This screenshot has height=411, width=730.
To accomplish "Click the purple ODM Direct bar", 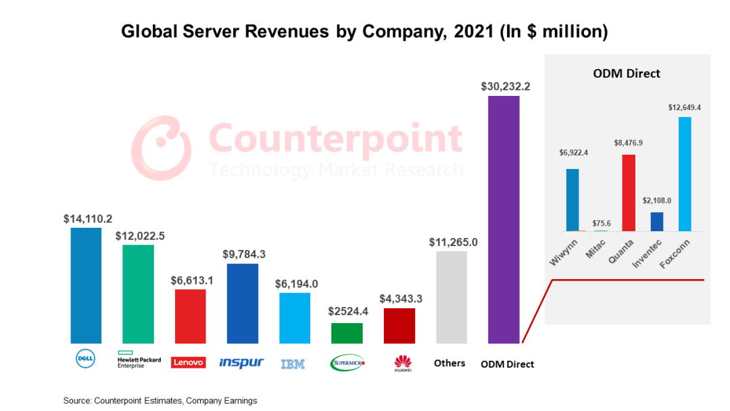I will tap(504, 220).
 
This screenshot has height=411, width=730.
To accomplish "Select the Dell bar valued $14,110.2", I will tap(86, 285).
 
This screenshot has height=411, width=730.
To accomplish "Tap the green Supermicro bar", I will tap(347, 333).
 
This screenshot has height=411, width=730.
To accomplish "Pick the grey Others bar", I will tap(452, 297).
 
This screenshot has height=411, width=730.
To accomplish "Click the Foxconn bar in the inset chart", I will tap(685, 174).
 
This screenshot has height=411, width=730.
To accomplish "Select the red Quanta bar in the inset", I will tap(629, 193).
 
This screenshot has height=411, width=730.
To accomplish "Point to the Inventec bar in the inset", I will tap(657, 222).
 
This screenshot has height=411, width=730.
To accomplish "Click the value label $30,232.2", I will tap(505, 87).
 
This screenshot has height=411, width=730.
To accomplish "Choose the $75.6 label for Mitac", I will tap(600, 223).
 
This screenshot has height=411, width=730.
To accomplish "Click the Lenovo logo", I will tap(189, 362).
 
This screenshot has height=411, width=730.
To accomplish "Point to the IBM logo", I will tap(293, 364).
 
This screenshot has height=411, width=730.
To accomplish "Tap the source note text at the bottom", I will tap(160, 401).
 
